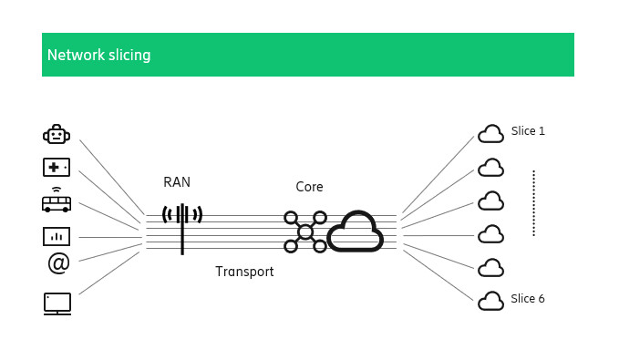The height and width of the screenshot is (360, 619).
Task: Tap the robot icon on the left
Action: (57, 135)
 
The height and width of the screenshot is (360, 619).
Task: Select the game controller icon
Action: (57, 168)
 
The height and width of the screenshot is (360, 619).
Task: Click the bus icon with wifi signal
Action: (57, 200)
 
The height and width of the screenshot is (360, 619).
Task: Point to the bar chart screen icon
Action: (57, 236)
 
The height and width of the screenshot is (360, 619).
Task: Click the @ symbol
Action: (58, 263)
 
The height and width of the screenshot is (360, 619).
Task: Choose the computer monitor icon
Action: (57, 303)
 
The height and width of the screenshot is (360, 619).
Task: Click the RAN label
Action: (177, 182)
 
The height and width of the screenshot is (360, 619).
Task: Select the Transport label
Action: (244, 272)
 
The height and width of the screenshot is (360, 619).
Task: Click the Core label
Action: (309, 187)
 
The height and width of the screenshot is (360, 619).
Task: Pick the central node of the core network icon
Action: (305, 232)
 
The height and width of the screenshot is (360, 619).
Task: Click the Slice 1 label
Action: (528, 131)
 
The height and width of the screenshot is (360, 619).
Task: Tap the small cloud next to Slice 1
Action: (491, 134)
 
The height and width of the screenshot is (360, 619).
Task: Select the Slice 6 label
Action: (528, 299)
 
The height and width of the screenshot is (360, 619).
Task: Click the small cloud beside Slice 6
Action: (491, 301)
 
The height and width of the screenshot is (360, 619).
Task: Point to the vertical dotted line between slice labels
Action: (533, 203)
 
